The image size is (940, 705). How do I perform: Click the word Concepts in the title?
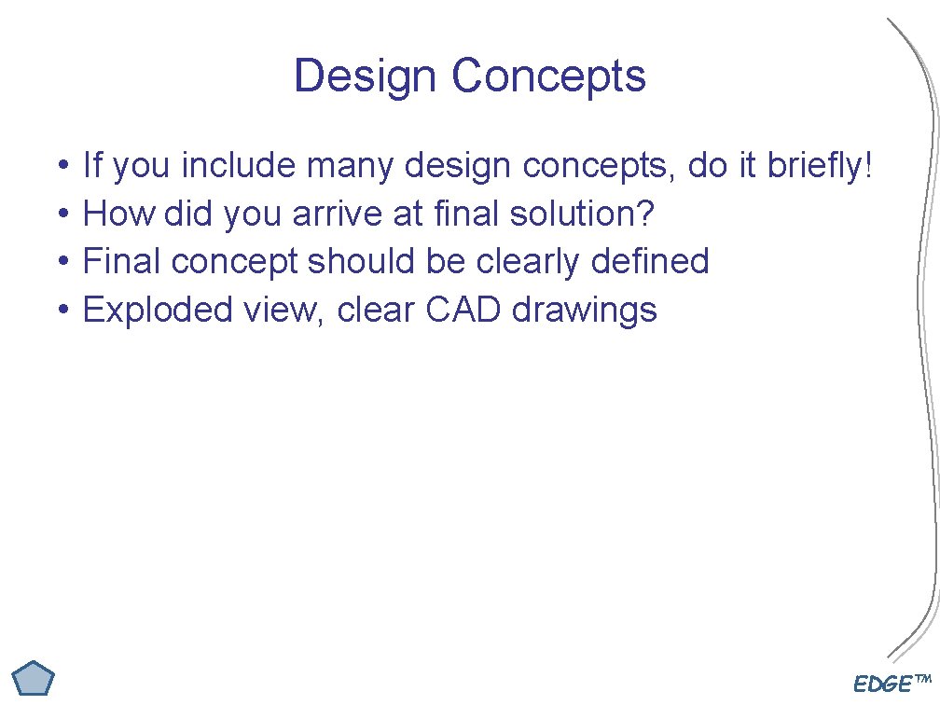549,76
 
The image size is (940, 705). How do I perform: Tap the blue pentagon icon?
35,679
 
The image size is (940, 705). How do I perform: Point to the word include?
240,167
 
